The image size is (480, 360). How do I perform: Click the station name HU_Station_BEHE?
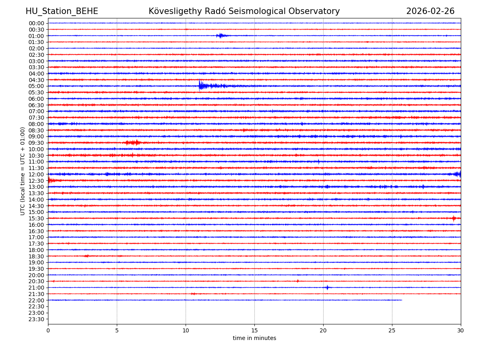(x=62, y=11)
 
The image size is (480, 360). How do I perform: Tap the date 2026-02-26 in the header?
(x=430, y=11)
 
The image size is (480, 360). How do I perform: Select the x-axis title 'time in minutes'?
(x=254, y=338)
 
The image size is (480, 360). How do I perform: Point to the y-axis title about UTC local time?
(x=23, y=171)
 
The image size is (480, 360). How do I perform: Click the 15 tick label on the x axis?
(x=254, y=331)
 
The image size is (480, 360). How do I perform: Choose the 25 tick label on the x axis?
(x=392, y=331)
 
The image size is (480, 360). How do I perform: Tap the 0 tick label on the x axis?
(x=48, y=331)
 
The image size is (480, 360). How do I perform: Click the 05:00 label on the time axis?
(x=36, y=86)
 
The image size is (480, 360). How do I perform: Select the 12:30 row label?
(x=36, y=180)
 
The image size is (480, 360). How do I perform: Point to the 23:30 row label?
(x=36, y=319)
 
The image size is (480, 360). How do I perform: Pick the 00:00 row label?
(x=36, y=23)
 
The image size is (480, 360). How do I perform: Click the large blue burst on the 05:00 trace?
(x=201, y=86)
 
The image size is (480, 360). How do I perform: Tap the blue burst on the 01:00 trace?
(x=220, y=36)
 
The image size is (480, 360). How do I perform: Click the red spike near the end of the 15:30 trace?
(x=454, y=218)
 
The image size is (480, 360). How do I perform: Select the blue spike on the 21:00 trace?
(x=327, y=287)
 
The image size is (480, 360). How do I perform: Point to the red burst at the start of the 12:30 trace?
(x=50, y=180)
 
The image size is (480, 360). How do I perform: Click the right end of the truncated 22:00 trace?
(x=402, y=300)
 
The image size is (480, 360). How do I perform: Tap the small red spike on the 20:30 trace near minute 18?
(x=298, y=281)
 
